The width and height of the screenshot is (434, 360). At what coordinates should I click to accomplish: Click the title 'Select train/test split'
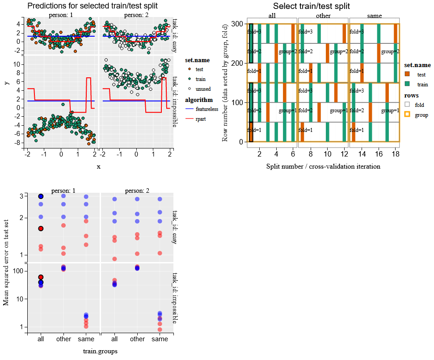311,6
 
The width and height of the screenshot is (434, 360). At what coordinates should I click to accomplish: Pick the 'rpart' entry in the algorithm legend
201,119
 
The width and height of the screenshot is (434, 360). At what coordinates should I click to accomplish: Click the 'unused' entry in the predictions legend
203,89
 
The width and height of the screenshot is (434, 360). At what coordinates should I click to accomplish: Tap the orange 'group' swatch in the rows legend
407,114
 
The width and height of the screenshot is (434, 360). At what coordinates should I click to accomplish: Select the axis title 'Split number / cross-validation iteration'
323,166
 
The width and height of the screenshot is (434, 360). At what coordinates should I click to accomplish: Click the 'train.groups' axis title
99,351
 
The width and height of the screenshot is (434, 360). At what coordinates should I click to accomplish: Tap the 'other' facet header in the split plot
323,16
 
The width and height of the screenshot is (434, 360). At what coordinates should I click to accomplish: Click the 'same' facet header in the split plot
374,16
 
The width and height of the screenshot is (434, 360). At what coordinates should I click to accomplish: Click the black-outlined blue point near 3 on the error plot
41,196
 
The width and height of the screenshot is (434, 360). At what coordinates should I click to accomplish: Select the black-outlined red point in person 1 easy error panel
41,229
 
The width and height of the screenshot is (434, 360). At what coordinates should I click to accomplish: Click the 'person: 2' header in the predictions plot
136,15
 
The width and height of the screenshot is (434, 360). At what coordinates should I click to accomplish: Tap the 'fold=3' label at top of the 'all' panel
254,32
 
